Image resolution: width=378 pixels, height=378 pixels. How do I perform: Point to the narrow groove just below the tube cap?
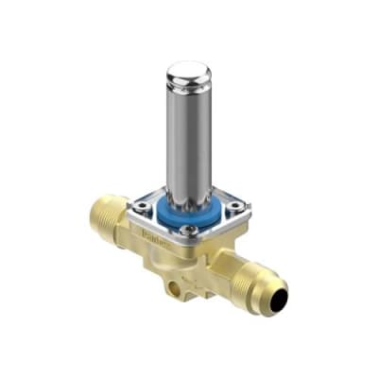tap(190, 94)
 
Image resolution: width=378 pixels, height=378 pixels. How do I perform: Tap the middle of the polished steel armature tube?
tap(190, 142)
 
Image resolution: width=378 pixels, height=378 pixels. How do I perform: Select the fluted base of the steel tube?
tap(190, 194)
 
